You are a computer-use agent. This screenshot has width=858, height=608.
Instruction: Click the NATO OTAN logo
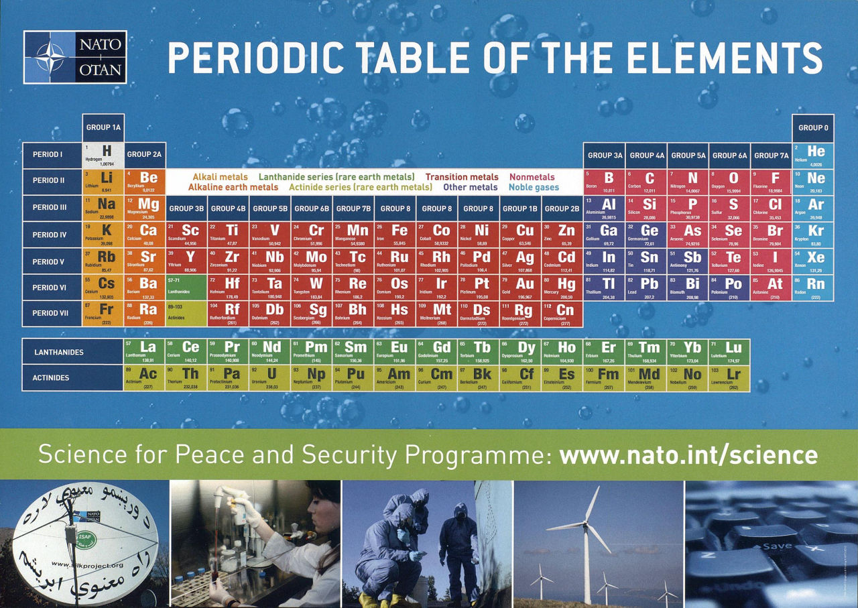point(74,57)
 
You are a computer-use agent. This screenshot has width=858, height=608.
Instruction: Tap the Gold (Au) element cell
point(519,288)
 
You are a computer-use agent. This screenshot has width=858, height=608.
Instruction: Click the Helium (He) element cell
point(813,154)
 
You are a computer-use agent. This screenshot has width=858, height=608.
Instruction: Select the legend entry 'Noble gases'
point(533,188)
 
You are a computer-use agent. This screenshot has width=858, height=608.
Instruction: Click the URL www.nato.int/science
point(688,455)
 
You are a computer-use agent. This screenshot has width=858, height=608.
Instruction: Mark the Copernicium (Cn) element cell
point(562,314)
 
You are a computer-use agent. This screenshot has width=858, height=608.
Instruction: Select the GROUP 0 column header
point(813,127)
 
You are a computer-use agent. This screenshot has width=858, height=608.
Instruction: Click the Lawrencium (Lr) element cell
point(729,377)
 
